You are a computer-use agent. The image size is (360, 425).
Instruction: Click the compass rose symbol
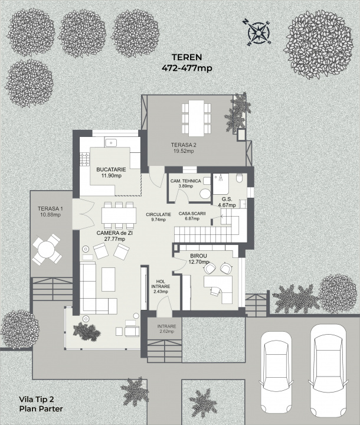click(258, 33)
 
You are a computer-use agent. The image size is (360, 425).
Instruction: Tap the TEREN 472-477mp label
click(187, 63)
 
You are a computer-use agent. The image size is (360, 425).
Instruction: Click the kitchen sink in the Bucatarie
click(111, 142)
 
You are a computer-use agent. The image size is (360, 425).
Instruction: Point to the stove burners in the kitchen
click(84, 159)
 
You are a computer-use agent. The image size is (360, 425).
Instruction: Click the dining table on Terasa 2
click(197, 118)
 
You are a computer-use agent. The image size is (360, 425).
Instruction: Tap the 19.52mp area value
click(184, 151)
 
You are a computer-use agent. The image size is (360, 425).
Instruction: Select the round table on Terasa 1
click(47, 249)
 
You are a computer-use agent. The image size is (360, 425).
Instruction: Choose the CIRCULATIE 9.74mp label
click(159, 217)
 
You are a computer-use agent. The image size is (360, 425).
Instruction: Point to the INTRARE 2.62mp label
click(166, 329)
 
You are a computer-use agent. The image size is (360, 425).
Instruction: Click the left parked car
click(276, 375)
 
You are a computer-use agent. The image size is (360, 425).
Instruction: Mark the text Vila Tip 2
click(37, 399)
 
